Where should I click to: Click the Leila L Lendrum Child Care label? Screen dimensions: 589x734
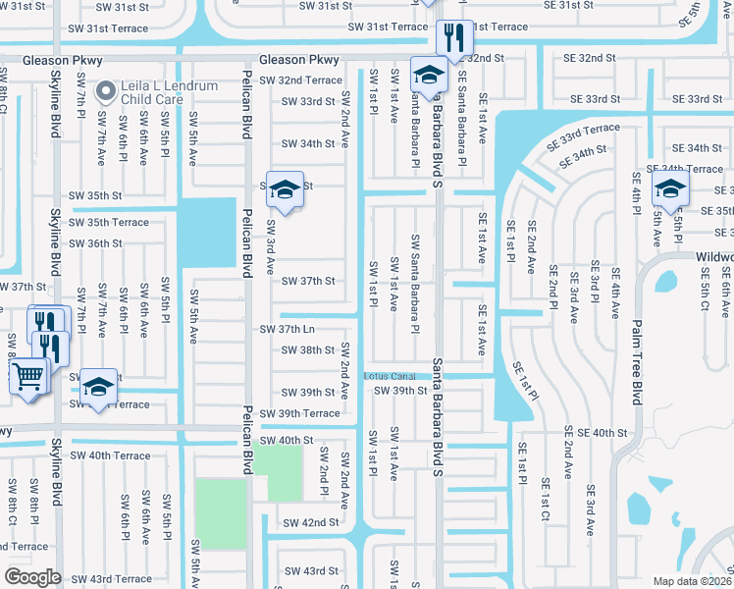pos(170,92)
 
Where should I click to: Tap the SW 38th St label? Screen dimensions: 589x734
pos(308,350)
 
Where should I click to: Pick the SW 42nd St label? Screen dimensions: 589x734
pos(311,523)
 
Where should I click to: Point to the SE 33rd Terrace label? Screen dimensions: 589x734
pos(585,129)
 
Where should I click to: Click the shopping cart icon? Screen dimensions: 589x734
pos(29,375)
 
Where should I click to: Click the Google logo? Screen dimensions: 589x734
pos(31,577)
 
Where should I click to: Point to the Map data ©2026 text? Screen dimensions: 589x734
pos(692,581)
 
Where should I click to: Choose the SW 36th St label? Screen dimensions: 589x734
pos(91,243)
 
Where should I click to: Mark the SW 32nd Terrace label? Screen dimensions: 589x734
pos(310,80)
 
